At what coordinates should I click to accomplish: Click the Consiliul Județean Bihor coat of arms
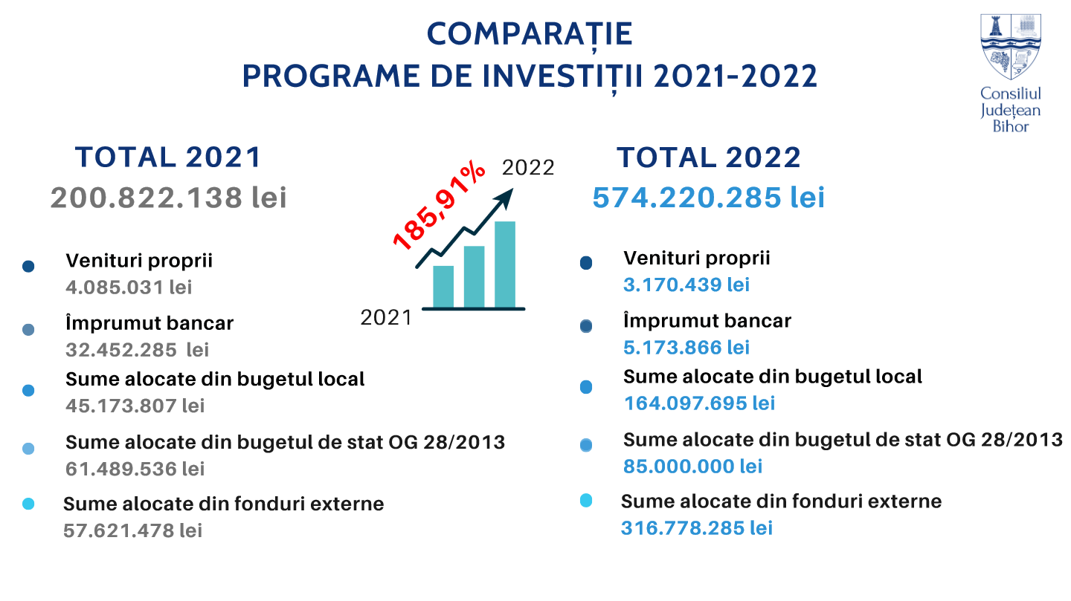(x=1010, y=47)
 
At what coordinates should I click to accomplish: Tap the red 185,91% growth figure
(x=440, y=207)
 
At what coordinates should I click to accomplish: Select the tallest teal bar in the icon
(x=505, y=264)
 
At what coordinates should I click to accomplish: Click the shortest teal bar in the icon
(x=443, y=286)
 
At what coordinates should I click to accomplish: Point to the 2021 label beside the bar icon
(x=386, y=318)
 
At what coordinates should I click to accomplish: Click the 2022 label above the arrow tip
(x=528, y=168)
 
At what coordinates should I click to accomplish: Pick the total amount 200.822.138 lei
(x=169, y=198)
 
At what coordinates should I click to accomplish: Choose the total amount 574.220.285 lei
(x=709, y=198)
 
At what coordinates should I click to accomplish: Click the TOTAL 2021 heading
(x=169, y=157)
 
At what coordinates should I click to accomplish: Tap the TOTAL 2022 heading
(x=709, y=157)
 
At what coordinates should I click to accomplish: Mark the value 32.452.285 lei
(x=138, y=349)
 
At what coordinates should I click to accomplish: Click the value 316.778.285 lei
(x=697, y=528)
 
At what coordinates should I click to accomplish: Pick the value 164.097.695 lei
(x=699, y=403)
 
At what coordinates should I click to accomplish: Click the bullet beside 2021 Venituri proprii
(x=29, y=266)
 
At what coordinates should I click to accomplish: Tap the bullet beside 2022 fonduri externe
(x=586, y=501)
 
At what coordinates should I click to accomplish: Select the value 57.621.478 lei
(x=132, y=530)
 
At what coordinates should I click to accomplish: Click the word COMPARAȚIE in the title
(x=530, y=33)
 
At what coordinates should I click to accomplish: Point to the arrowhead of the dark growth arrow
(x=505, y=195)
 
